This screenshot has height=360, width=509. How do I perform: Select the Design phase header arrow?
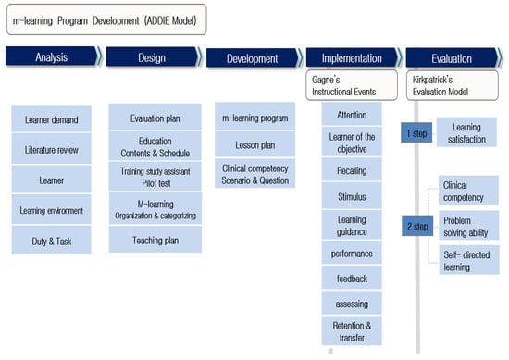click(154, 57)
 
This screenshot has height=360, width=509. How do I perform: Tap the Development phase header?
click(254, 58)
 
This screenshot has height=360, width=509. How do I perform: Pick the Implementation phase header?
click(354, 57)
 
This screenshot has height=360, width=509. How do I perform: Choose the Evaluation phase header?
click(453, 58)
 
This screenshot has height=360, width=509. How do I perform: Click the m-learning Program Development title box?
click(106, 19)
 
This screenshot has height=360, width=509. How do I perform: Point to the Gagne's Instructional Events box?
click(352, 85)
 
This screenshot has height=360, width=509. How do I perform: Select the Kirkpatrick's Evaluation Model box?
click(453, 85)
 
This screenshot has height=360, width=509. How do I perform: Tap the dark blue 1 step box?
click(416, 132)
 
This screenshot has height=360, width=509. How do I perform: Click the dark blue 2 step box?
click(417, 226)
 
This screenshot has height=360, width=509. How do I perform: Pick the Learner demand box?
click(51, 118)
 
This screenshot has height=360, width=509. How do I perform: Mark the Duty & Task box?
click(51, 241)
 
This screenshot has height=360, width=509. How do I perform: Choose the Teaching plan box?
click(155, 240)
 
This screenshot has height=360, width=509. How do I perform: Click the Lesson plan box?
click(254, 144)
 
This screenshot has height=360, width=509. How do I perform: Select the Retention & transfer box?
click(352, 330)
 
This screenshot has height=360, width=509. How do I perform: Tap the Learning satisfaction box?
click(466, 132)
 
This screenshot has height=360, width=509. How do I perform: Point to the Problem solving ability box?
click(469, 225)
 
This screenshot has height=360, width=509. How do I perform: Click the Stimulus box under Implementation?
click(352, 196)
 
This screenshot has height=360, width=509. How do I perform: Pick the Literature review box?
click(51, 149)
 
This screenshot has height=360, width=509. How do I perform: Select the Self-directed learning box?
click(469, 260)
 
